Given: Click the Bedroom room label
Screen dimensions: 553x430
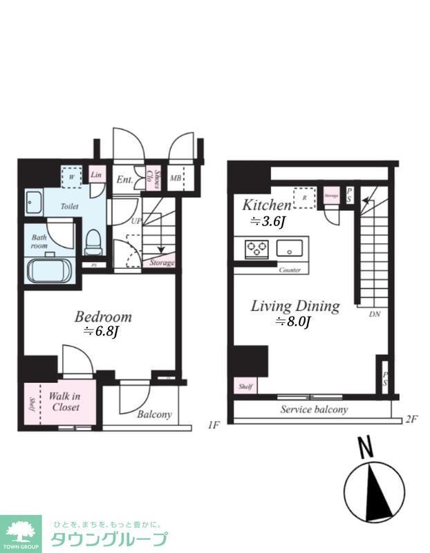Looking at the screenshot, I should tap(103, 317).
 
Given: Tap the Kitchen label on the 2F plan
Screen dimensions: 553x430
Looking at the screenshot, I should tap(266, 205).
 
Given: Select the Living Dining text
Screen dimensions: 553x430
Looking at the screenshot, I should tap(295, 306).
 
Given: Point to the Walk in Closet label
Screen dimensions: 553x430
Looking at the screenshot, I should tap(65, 402).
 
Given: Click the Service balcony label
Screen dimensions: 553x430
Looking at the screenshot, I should tap(313, 409).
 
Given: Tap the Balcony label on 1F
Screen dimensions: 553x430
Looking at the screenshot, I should tap(153, 415).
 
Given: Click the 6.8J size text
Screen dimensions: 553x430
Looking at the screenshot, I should tap(102, 332).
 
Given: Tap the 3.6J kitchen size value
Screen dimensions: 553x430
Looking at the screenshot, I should tap(268, 222).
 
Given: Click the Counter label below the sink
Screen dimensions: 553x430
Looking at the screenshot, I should tap(290, 270).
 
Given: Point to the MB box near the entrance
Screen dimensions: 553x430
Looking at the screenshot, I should tap(176, 179).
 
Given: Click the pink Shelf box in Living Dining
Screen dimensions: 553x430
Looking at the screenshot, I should tap(245, 386).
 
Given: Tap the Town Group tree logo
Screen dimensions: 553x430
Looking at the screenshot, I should tap(20, 532).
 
